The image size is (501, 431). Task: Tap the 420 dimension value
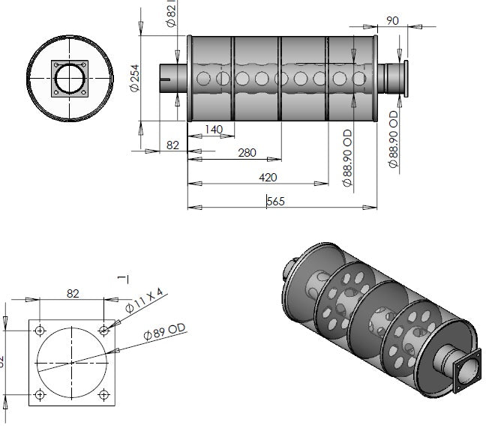(x=268, y=177)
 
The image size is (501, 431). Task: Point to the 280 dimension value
(x=247, y=153)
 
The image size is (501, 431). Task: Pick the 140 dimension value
(x=214, y=130)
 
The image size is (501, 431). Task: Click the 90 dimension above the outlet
(x=391, y=20)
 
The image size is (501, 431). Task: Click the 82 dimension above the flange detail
(x=73, y=293)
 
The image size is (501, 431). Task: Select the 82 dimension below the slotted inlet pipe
(x=172, y=145)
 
